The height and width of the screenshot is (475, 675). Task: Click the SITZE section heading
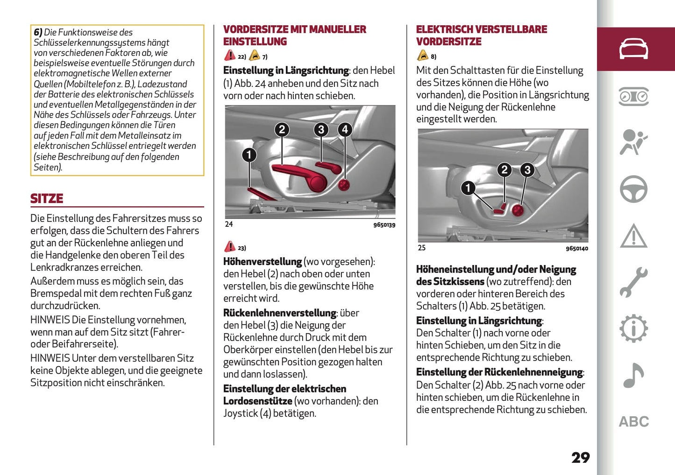(x=47, y=198)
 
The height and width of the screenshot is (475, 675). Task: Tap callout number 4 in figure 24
(x=345, y=129)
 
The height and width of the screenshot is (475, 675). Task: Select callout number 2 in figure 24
(x=282, y=129)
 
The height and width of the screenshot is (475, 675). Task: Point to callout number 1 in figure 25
(x=468, y=188)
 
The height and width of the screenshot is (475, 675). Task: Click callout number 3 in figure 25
(x=527, y=170)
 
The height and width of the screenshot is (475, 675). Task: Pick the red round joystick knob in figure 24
(x=344, y=185)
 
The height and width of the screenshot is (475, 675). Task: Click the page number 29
(x=580, y=457)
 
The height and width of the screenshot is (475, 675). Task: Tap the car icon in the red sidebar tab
(x=633, y=49)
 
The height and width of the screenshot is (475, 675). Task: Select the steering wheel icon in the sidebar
(x=633, y=189)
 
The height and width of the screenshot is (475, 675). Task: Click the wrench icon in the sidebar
(x=633, y=282)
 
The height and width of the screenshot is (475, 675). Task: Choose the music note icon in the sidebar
(x=633, y=376)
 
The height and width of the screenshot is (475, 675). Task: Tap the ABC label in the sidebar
(x=633, y=422)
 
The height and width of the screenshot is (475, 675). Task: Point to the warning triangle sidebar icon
(x=633, y=236)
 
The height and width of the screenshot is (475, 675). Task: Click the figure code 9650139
(x=384, y=225)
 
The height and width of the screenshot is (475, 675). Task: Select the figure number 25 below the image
(x=422, y=248)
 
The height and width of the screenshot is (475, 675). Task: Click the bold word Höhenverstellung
(x=263, y=262)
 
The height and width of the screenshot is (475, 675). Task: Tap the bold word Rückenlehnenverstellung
(x=279, y=313)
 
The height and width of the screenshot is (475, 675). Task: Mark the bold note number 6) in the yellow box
(x=38, y=32)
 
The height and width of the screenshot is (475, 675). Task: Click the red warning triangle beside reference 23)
(x=229, y=246)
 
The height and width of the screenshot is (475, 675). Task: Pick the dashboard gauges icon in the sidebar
(x=633, y=97)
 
